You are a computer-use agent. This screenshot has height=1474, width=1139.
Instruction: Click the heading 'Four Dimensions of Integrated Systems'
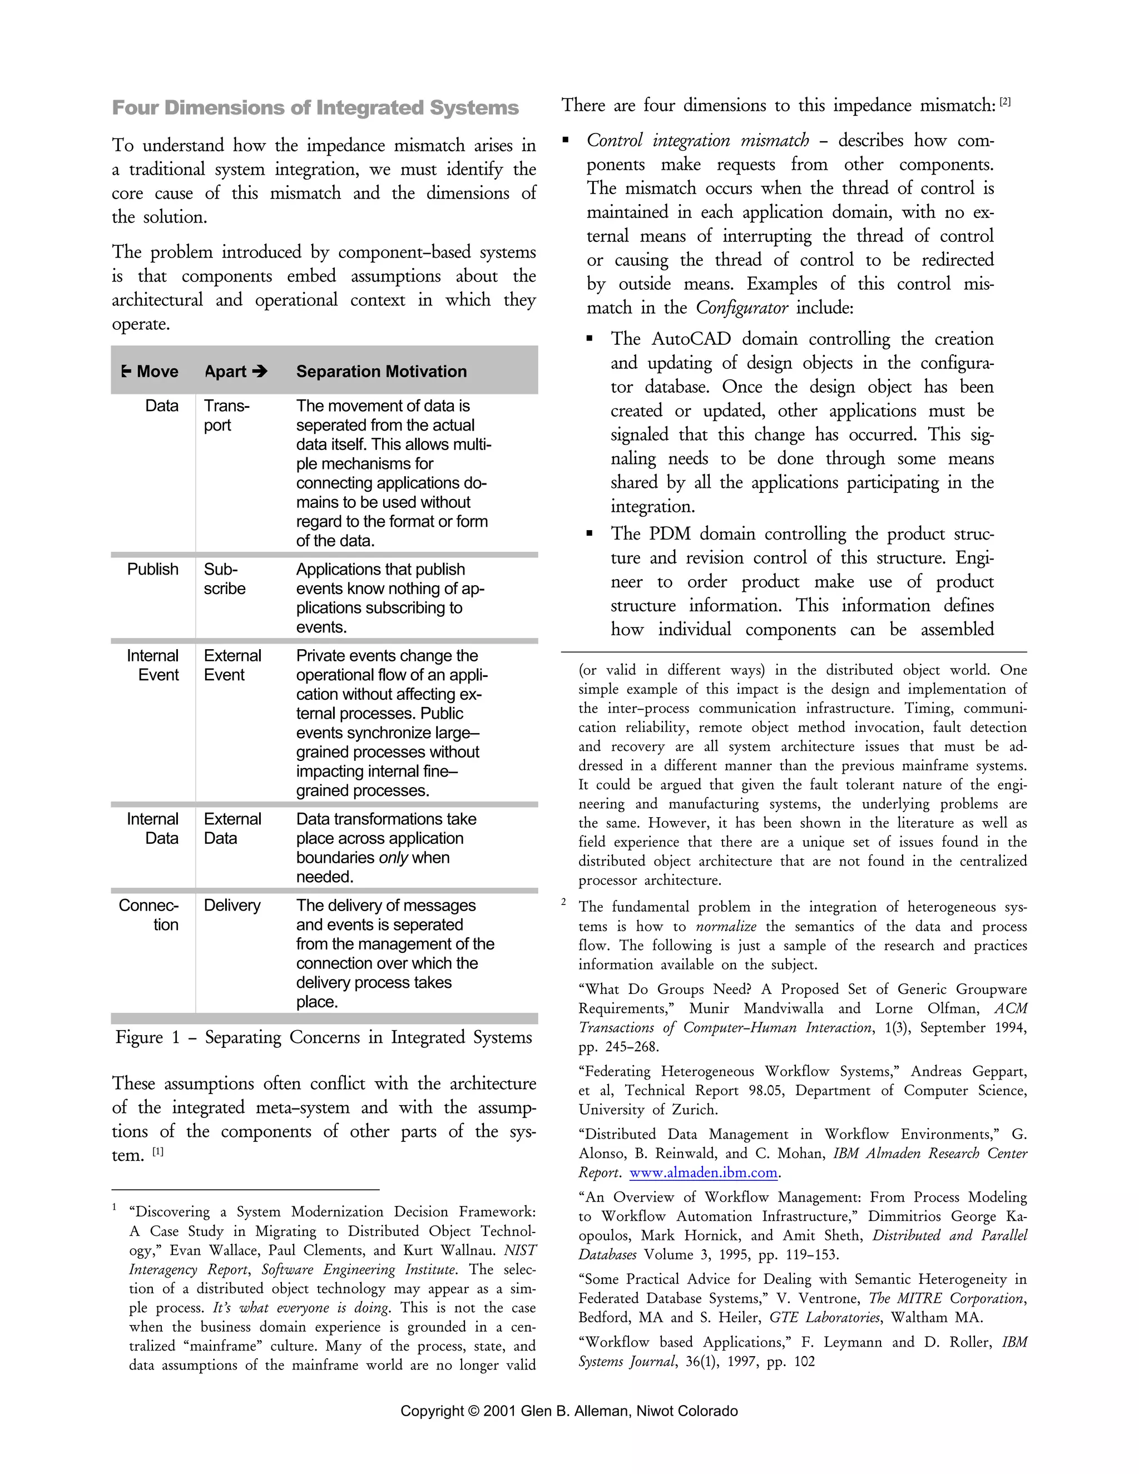[x=315, y=108]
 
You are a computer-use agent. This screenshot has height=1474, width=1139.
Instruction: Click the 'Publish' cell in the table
[x=153, y=569]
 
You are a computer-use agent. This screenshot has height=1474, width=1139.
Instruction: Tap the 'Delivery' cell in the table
[x=232, y=905]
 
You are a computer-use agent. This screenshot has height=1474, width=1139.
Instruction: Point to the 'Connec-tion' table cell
[x=149, y=914]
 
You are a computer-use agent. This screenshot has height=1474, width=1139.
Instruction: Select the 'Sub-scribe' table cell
[x=225, y=578]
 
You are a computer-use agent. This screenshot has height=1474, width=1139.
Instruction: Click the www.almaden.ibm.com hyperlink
[x=704, y=1173]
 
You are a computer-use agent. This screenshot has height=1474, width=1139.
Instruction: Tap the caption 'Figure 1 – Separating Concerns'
[x=324, y=1037]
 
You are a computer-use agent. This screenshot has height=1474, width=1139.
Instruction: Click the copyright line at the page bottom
[x=569, y=1411]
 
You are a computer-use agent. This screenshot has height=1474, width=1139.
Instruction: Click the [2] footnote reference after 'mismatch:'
[x=1006, y=102]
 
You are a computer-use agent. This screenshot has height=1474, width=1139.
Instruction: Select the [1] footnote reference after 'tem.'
[x=157, y=1151]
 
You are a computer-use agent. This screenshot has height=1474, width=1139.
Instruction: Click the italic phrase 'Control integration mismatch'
[x=698, y=140]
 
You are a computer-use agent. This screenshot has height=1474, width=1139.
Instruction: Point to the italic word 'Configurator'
[x=741, y=308]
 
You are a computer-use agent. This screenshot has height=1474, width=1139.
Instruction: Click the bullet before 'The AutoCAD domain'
[x=591, y=339]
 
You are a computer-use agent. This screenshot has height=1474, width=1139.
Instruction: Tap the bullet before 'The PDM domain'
[x=591, y=533]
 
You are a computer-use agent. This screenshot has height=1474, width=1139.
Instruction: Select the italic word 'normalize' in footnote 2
[x=725, y=926]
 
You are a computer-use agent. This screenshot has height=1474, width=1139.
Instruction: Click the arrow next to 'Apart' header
[x=260, y=371]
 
